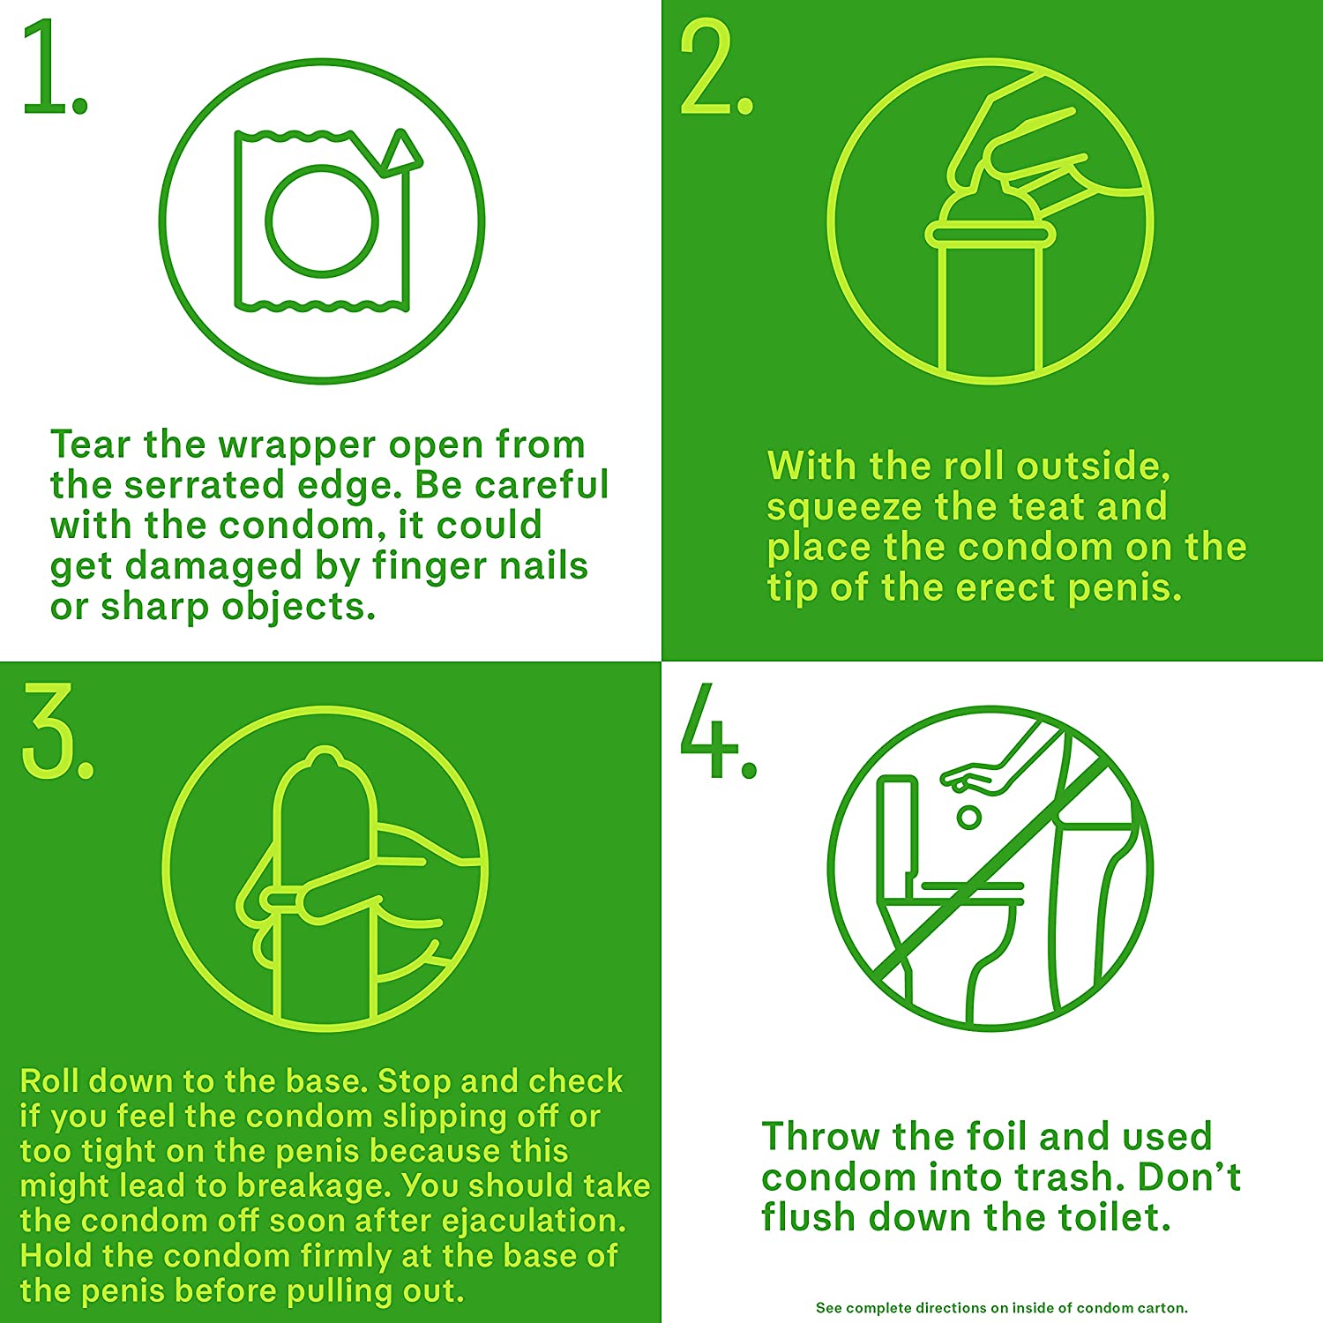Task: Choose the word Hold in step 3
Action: (57, 1255)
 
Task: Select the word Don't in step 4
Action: (1190, 1177)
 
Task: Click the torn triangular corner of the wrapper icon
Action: (402, 151)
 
